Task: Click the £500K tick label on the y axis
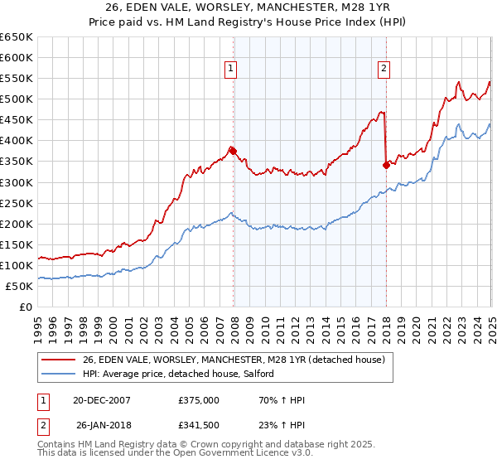pyautogui.click(x=17, y=99)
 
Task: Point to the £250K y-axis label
pyautogui.click(x=17, y=203)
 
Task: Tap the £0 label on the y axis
pyautogui.click(x=25, y=307)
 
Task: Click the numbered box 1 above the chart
pyautogui.click(x=229, y=70)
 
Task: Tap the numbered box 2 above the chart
pyautogui.click(x=384, y=70)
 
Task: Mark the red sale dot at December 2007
pyautogui.click(x=234, y=151)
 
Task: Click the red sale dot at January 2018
pyautogui.click(x=386, y=165)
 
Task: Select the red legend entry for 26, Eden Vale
pyautogui.click(x=234, y=360)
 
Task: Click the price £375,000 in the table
pyautogui.click(x=199, y=400)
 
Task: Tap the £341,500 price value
pyautogui.click(x=199, y=427)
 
